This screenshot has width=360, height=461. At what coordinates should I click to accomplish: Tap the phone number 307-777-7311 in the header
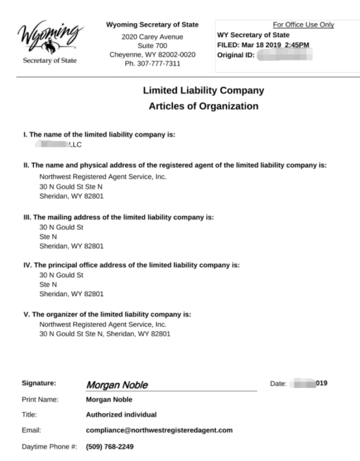[153, 63]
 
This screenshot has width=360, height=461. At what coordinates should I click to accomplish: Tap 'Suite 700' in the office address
[153, 46]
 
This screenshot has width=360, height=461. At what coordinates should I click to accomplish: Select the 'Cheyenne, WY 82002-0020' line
[153, 55]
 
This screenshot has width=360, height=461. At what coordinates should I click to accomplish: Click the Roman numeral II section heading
[175, 165]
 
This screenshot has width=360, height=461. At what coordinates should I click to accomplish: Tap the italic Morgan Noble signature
[117, 384]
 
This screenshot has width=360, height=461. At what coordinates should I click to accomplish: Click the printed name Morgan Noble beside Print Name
[109, 399]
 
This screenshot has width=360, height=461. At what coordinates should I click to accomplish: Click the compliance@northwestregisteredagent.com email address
[159, 430]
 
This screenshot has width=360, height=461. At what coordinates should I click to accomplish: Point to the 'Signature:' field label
[39, 383]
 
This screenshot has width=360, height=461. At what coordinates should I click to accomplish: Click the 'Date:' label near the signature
[278, 383]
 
